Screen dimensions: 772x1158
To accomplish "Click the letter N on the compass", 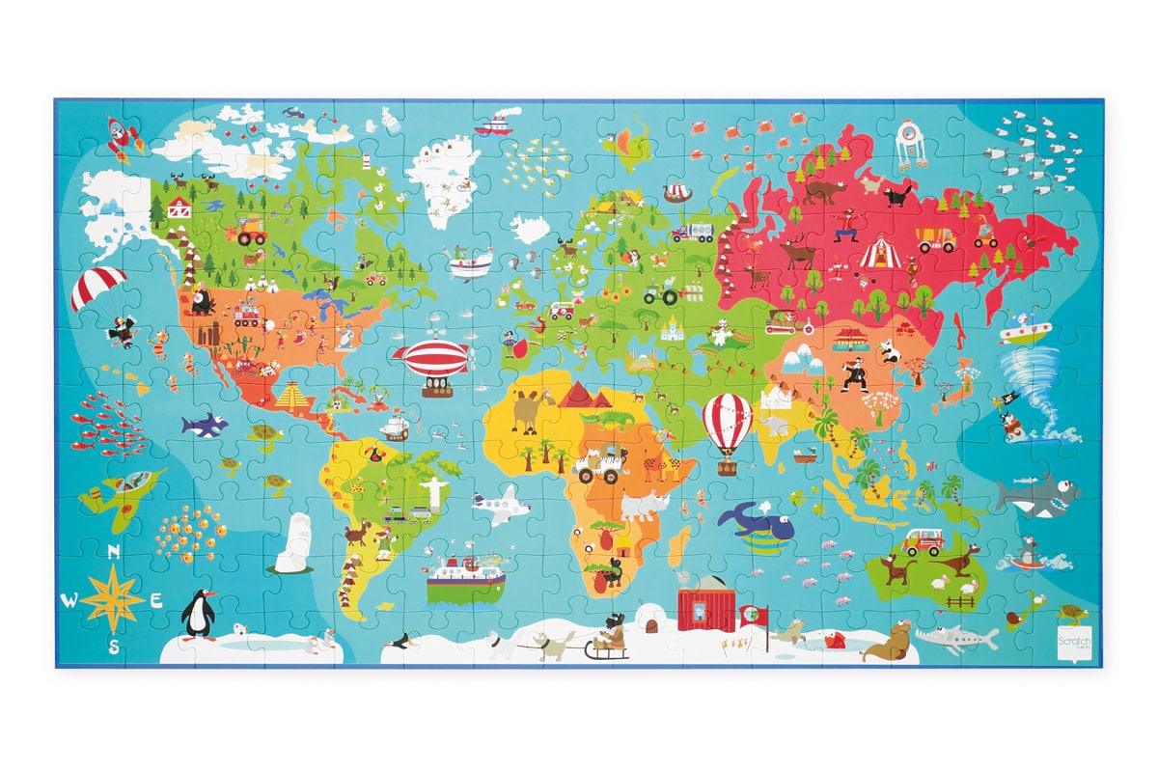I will point(114,553).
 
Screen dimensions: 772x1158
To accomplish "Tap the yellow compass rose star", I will point(113,598).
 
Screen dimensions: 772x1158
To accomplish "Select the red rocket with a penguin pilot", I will point(122,137).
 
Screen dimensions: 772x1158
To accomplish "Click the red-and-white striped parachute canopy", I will point(98,286).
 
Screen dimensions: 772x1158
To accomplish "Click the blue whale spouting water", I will point(758,524).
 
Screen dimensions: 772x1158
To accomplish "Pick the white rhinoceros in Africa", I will point(645,505).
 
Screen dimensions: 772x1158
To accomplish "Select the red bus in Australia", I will point(924,542).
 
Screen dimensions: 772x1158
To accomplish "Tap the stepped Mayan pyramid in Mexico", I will point(292,395).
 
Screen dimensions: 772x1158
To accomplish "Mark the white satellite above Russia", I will point(910,142).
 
